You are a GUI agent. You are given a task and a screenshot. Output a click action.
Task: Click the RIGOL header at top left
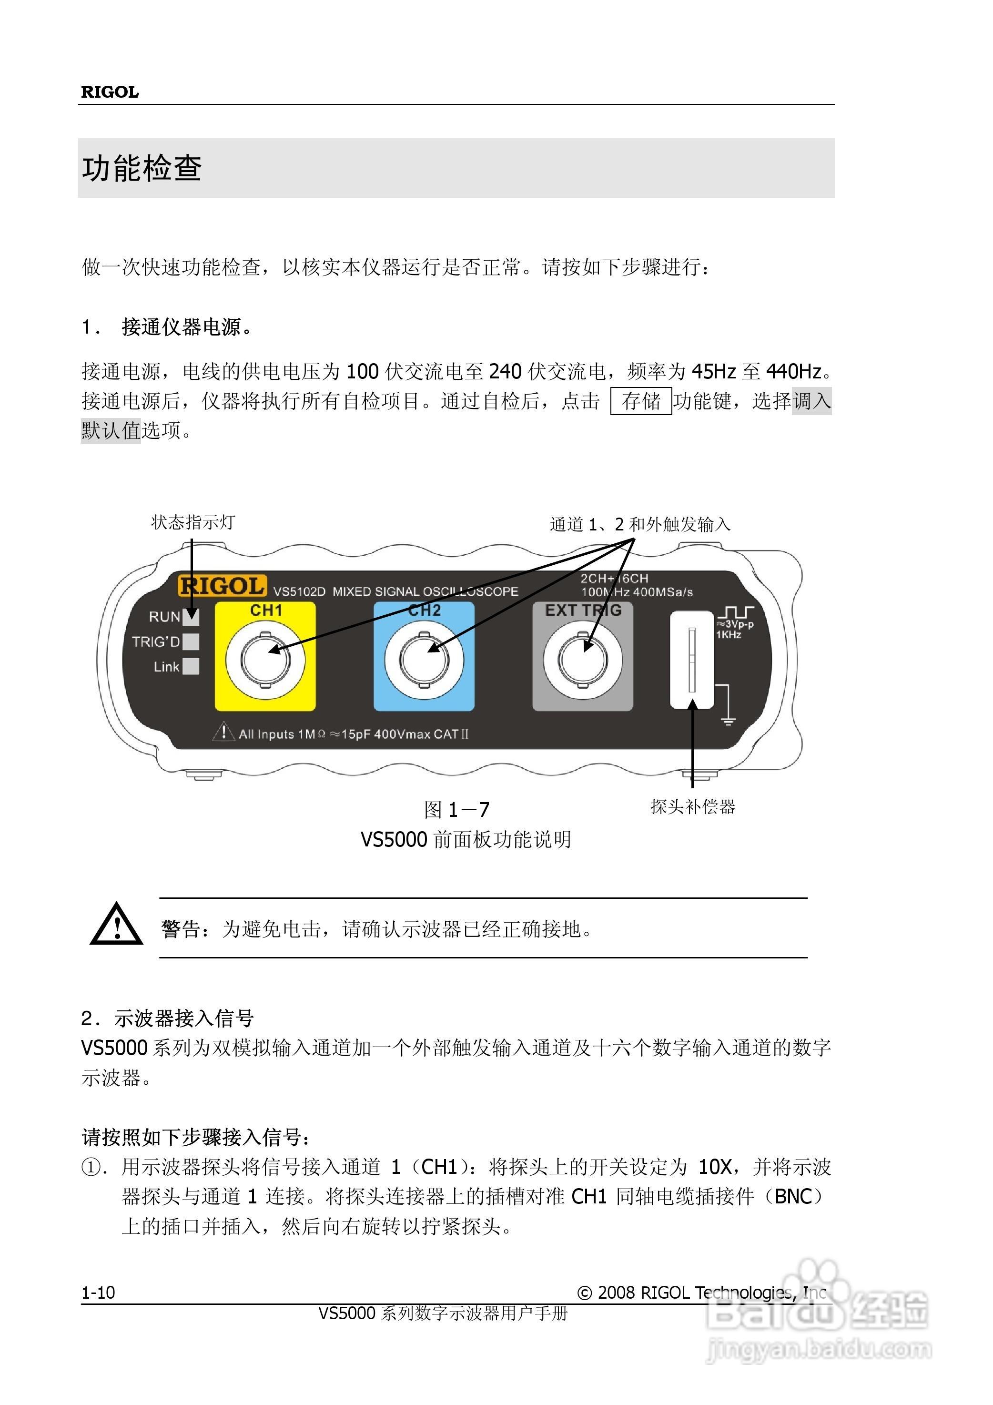[110, 92]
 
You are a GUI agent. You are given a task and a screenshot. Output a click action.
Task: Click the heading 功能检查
[142, 168]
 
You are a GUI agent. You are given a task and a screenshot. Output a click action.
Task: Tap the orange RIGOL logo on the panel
[222, 586]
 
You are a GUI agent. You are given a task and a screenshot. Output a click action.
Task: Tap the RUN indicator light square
[192, 617]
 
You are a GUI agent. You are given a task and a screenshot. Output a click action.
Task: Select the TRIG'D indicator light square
[192, 641]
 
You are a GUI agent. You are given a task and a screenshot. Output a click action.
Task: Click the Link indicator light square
[192, 666]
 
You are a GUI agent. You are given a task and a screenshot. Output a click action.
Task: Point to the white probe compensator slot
[691, 660]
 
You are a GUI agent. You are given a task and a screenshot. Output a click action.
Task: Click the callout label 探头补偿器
[693, 806]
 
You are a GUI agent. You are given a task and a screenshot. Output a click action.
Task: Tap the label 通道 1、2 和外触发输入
[639, 524]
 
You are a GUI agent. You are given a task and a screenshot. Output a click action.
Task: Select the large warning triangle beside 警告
[116, 925]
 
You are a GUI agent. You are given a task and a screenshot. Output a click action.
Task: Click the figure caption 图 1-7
[456, 810]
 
